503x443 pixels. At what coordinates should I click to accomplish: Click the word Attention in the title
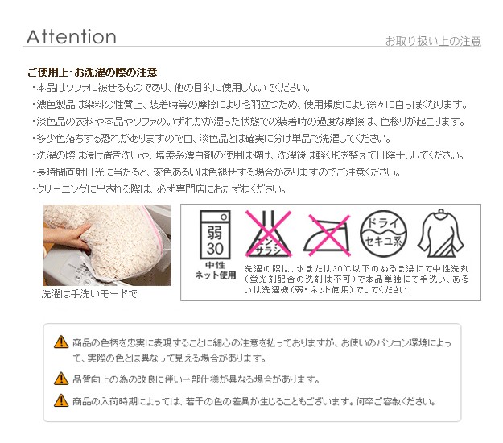[71, 36]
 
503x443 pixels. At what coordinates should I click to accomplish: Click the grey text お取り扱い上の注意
[433, 41]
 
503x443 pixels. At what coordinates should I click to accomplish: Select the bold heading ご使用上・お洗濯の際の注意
[93, 72]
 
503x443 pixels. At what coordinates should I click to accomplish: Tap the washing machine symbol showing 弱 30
[215, 234]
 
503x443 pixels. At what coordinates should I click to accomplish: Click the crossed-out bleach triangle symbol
[269, 234]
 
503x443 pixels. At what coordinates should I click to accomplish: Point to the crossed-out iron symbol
[328, 236]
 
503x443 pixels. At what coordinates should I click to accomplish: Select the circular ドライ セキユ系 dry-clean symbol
[383, 234]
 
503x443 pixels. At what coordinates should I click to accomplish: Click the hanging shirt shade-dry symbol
[441, 234]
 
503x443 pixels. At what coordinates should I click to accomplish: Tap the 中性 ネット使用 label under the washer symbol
[216, 271]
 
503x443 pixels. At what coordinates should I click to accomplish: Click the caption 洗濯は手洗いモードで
[89, 293]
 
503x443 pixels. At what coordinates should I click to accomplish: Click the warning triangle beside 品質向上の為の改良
[61, 379]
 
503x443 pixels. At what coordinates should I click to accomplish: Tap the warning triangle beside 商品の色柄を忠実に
[61, 342]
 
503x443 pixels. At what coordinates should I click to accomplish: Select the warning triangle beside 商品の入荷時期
[61, 400]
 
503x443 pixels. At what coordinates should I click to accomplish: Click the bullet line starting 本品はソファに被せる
[171, 88]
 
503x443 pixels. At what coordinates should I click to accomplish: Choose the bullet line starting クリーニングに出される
[159, 189]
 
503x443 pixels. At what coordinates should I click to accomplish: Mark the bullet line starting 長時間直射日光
[216, 172]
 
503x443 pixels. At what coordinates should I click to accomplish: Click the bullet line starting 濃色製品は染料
[249, 105]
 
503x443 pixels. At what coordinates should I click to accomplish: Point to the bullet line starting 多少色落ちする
[212, 139]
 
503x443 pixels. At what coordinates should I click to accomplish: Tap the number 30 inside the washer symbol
[215, 248]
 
